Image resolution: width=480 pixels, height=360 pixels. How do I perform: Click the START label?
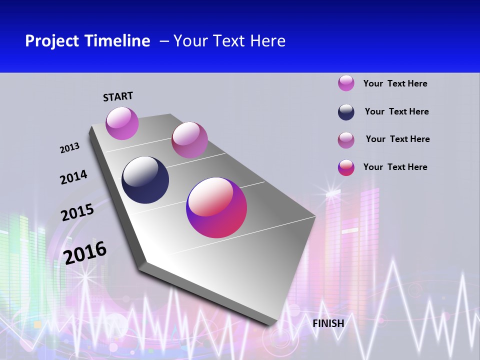118,96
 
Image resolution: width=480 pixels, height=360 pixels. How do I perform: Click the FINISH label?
328,323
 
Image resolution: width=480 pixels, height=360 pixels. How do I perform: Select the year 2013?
69,148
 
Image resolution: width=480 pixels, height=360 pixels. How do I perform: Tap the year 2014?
73,177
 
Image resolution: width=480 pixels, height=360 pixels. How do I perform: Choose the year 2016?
85,252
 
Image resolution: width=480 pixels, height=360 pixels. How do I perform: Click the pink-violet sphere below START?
122,123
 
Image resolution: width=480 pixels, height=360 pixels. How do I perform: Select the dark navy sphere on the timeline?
145,180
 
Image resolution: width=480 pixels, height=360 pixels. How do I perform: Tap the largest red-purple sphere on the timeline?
216,207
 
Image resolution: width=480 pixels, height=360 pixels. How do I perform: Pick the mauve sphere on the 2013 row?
189,140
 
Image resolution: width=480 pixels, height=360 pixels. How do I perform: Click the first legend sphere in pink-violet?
346,83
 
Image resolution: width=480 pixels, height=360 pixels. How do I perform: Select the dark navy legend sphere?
346,112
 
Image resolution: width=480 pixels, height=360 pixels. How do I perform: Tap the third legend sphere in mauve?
346,140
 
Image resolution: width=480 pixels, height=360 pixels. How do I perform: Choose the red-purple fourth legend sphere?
346,167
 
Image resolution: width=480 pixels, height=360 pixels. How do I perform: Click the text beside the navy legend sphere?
396,111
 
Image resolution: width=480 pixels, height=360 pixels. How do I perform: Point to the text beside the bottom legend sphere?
395,167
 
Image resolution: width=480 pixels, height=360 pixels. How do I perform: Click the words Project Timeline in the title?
87,41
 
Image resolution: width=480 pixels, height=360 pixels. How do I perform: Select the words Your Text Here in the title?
229,41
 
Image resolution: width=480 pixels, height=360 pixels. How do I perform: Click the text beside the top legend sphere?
395,83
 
